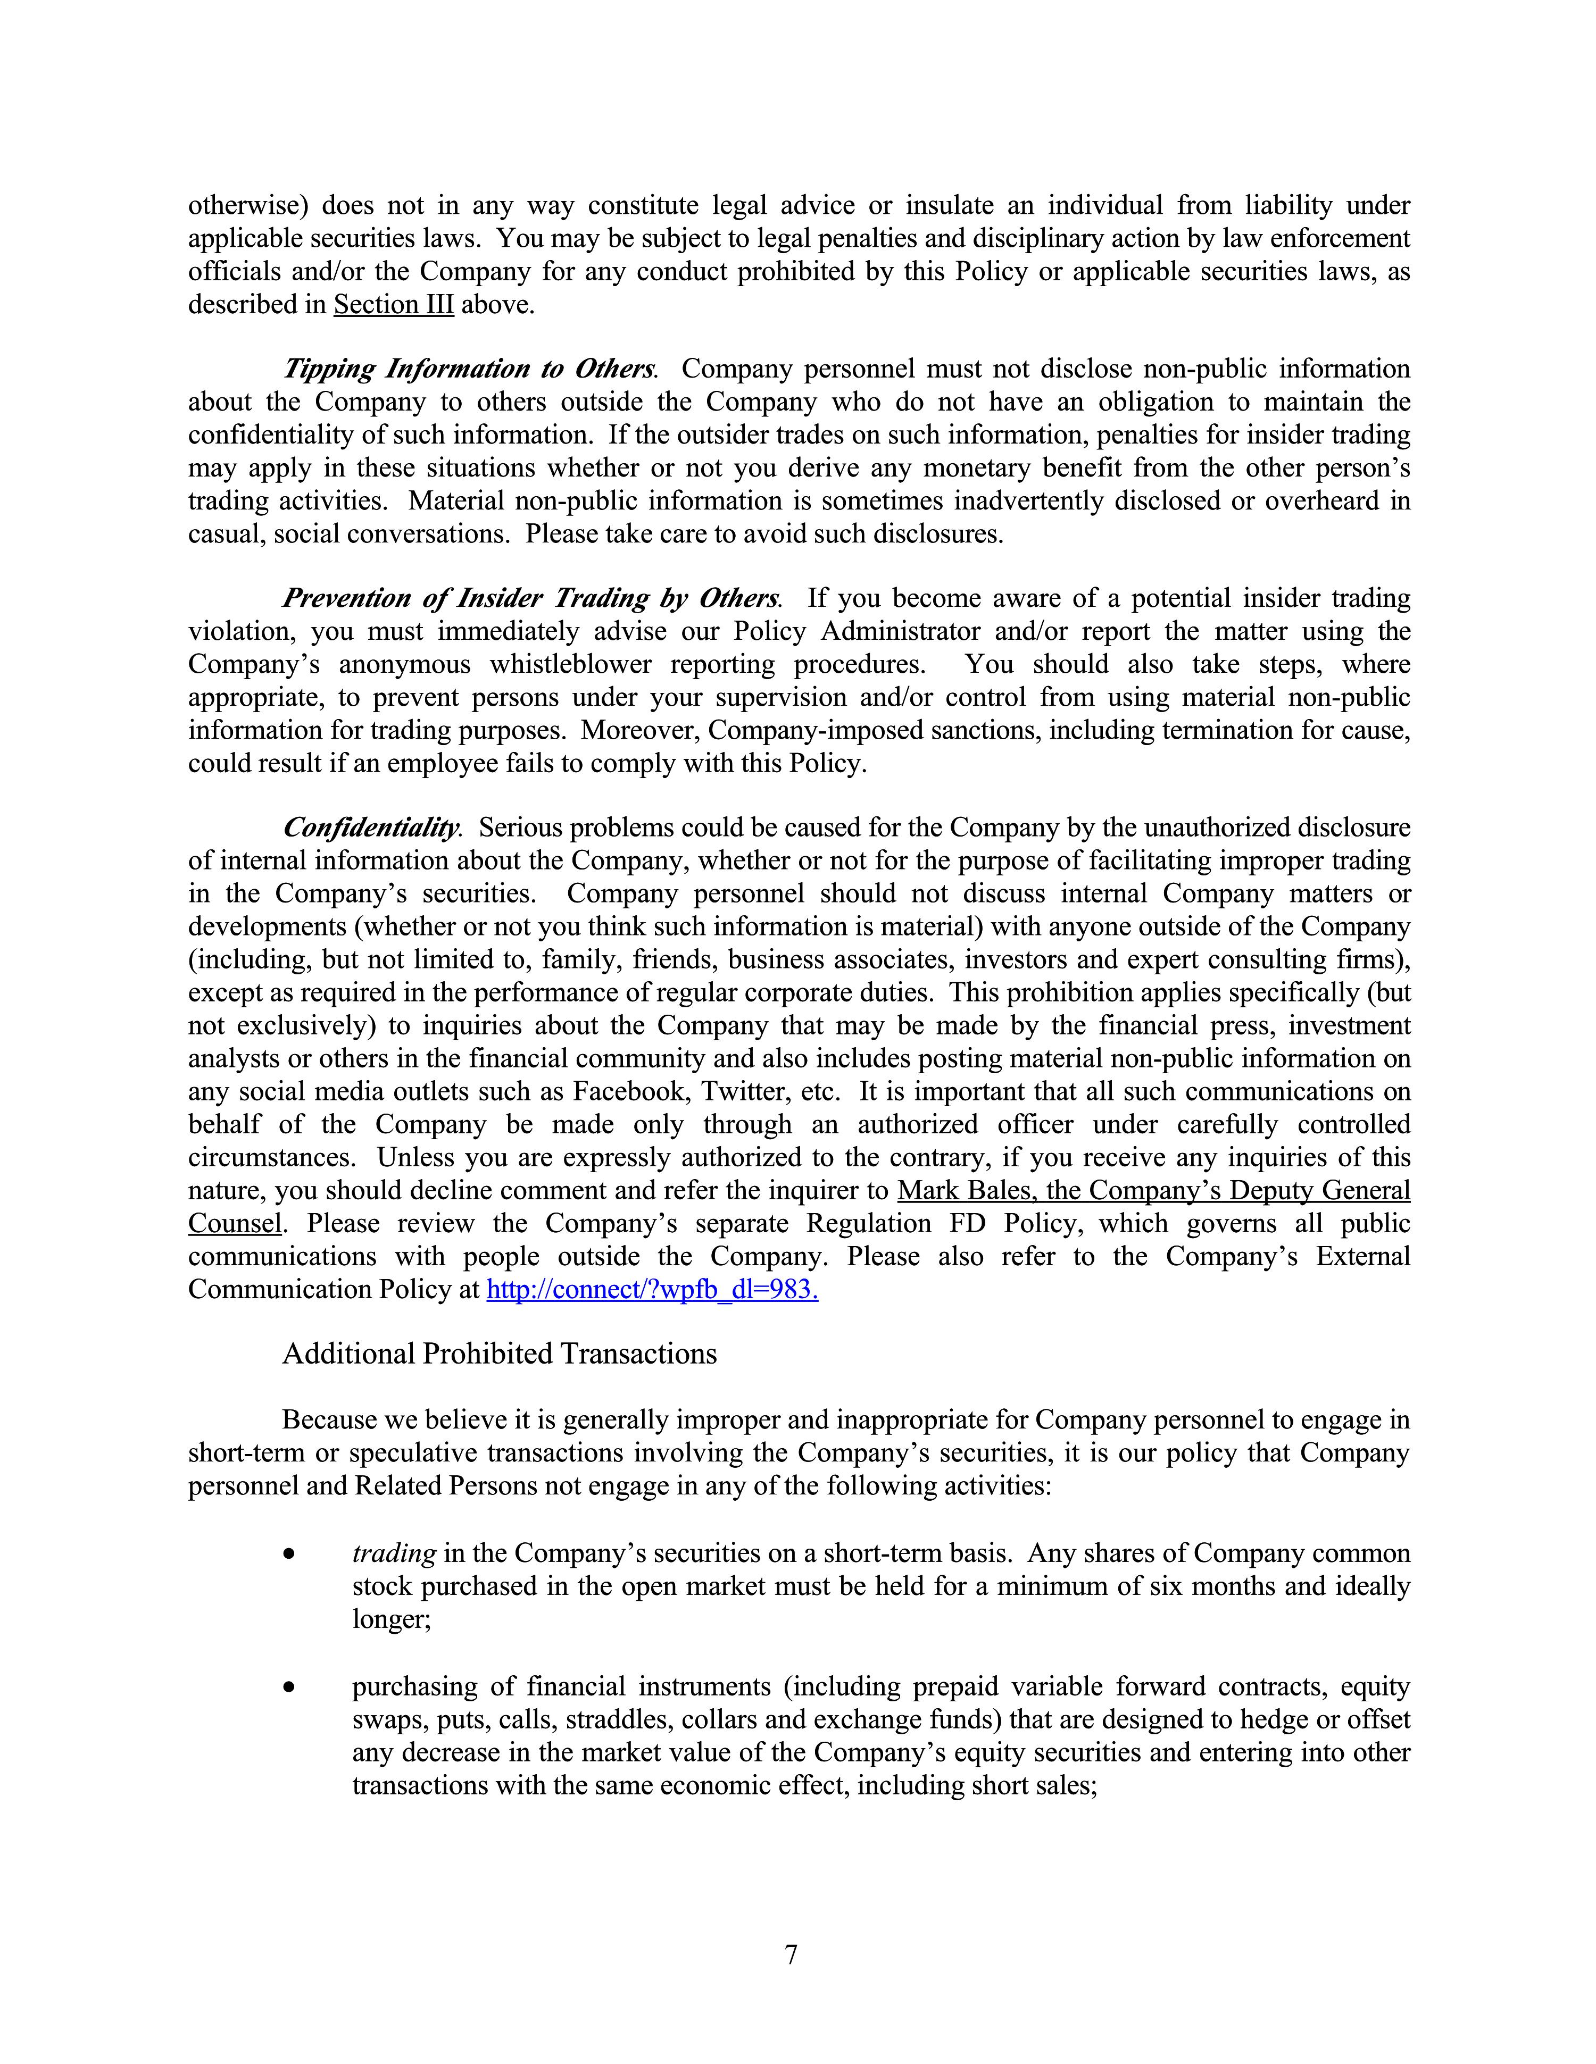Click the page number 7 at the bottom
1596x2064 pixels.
click(x=792, y=1954)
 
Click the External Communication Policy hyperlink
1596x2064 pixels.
click(x=652, y=1289)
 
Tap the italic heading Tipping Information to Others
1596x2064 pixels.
click(x=469, y=369)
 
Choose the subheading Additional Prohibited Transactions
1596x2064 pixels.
click(x=499, y=1353)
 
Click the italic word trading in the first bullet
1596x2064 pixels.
click(x=393, y=1553)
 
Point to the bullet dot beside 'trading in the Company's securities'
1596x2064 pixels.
click(x=290, y=1553)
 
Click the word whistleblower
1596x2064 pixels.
click(x=570, y=664)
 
